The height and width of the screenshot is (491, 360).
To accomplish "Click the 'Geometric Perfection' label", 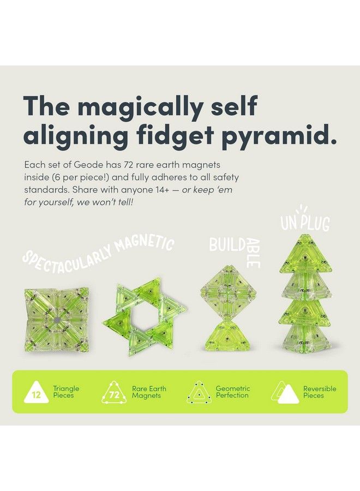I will click(233, 392).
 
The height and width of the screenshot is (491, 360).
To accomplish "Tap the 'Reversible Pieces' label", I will click(320, 392).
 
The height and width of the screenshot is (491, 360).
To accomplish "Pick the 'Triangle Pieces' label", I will click(66, 392).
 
